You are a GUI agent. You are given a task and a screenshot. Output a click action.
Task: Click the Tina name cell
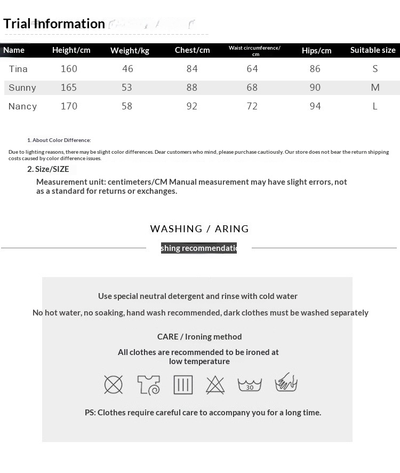[18, 69]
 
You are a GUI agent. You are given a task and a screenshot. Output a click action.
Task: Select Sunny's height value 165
[69, 88]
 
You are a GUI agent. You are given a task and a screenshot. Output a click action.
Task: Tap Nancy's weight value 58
[127, 106]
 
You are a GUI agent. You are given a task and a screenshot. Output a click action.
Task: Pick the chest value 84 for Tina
[192, 69]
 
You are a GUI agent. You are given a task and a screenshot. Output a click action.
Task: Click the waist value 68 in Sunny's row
[252, 88]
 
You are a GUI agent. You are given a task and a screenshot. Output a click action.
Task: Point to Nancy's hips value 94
[315, 106]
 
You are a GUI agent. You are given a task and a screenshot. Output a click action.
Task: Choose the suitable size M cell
[375, 88]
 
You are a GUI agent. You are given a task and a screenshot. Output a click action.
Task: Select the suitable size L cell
[375, 106]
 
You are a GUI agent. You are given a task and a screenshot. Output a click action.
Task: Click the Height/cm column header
[71, 50]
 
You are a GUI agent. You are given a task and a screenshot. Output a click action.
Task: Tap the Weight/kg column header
[130, 51]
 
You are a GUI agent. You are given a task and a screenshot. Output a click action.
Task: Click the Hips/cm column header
[316, 51]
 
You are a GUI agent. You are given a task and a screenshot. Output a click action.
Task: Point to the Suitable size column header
[373, 50]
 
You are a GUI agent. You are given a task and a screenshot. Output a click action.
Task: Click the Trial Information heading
[54, 23]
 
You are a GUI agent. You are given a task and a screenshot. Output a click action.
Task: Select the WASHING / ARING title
[199, 229]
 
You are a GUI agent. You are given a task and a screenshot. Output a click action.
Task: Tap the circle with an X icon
[114, 384]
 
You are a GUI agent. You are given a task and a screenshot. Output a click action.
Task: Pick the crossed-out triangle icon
[215, 384]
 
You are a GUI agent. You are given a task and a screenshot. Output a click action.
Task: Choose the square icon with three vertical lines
[183, 384]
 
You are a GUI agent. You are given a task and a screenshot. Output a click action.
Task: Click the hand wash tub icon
[286, 383]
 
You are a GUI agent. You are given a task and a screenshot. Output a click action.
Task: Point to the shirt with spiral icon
[148, 384]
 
